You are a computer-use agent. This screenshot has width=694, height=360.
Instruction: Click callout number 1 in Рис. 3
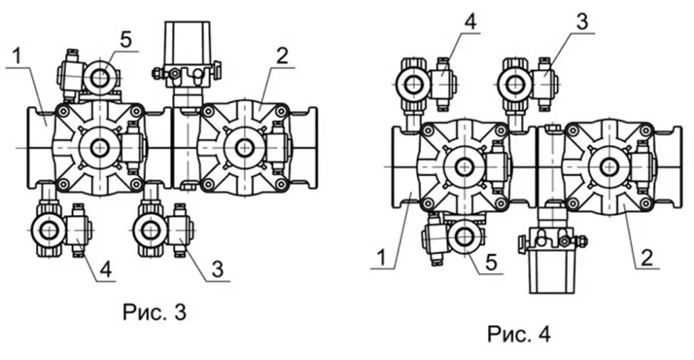pyautogui.click(x=16, y=57)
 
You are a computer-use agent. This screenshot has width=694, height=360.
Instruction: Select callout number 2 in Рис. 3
pyautogui.click(x=281, y=56)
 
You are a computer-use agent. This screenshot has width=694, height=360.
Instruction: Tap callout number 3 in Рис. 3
pyautogui.click(x=218, y=268)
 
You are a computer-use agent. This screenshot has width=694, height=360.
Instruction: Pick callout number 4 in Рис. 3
pyautogui.click(x=105, y=268)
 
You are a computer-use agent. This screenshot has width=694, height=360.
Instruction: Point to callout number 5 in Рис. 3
pyautogui.click(x=126, y=40)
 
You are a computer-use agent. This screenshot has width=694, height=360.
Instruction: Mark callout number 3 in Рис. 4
pyautogui.click(x=582, y=21)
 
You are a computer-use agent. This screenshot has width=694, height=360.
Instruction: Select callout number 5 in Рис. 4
pyautogui.click(x=491, y=262)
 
